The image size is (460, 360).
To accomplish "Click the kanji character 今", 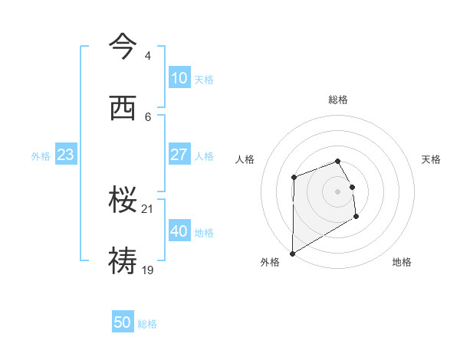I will tap(123, 47).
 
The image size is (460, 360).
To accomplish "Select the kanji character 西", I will tap(123, 110).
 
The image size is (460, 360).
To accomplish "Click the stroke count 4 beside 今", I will tap(147, 56).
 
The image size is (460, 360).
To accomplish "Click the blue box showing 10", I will tap(179, 78).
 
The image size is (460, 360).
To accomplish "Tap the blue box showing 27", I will tap(179, 155).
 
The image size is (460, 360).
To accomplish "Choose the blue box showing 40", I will tap(179, 231).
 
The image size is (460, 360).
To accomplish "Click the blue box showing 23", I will tap(65, 155).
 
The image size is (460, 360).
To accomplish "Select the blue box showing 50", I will tap(123, 322).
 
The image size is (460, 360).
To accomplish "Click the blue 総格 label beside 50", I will tap(147, 324).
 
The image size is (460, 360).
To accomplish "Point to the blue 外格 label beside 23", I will tap(41, 156).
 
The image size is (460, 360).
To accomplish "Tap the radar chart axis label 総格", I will tap(338, 100).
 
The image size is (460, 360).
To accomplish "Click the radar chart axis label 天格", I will tap(431, 159).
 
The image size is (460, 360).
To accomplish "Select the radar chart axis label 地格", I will tap(402, 262).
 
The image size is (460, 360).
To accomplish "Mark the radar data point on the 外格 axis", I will tap(292, 253).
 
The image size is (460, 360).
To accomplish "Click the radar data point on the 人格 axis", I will tap(294, 178).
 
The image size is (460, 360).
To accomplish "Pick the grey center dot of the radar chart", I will tap(338, 191).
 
